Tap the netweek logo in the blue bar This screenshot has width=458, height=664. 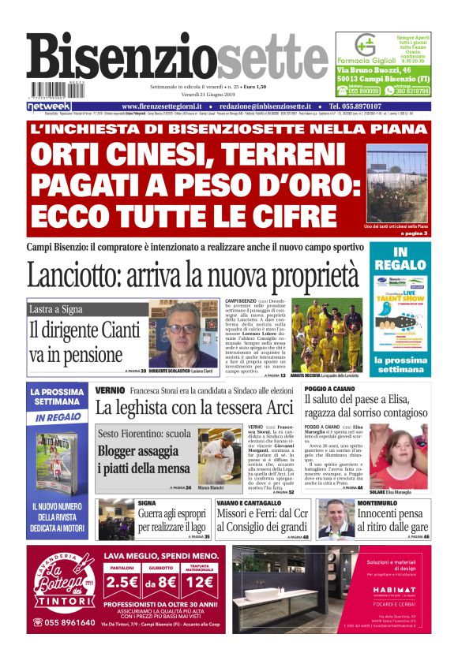point(49,106)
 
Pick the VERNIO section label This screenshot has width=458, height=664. point(110,390)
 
